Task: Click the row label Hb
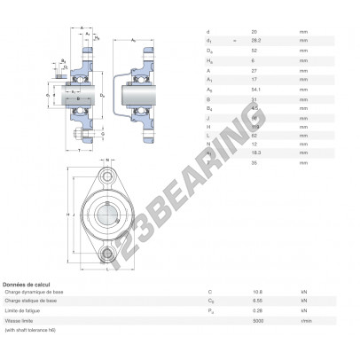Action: [209, 59]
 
